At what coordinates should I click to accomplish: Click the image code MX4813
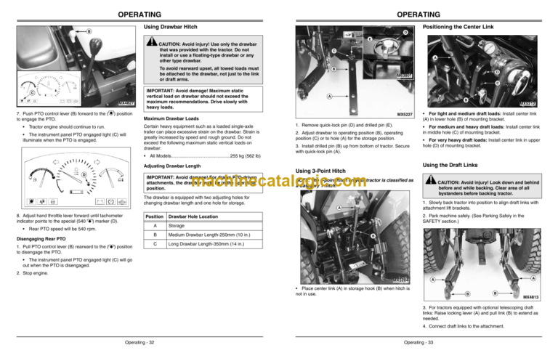(x=532, y=297)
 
